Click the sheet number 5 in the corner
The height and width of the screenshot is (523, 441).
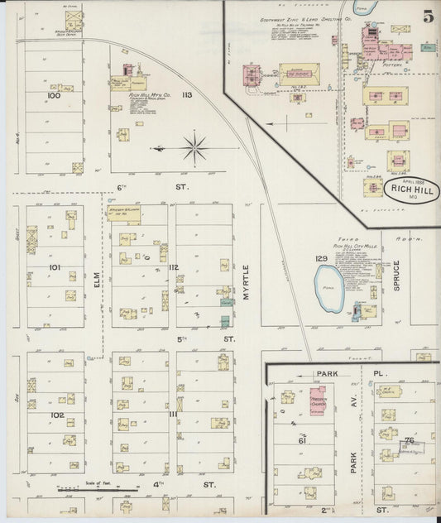click(427, 16)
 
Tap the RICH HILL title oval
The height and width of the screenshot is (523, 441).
click(411, 190)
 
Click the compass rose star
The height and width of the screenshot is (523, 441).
click(196, 149)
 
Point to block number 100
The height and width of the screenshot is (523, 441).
click(55, 96)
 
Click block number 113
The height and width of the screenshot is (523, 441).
click(187, 95)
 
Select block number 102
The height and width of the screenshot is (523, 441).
click(56, 415)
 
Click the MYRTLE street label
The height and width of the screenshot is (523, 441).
click(245, 272)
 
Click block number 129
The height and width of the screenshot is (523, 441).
click(321, 259)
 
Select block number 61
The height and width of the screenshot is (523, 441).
click(304, 441)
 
